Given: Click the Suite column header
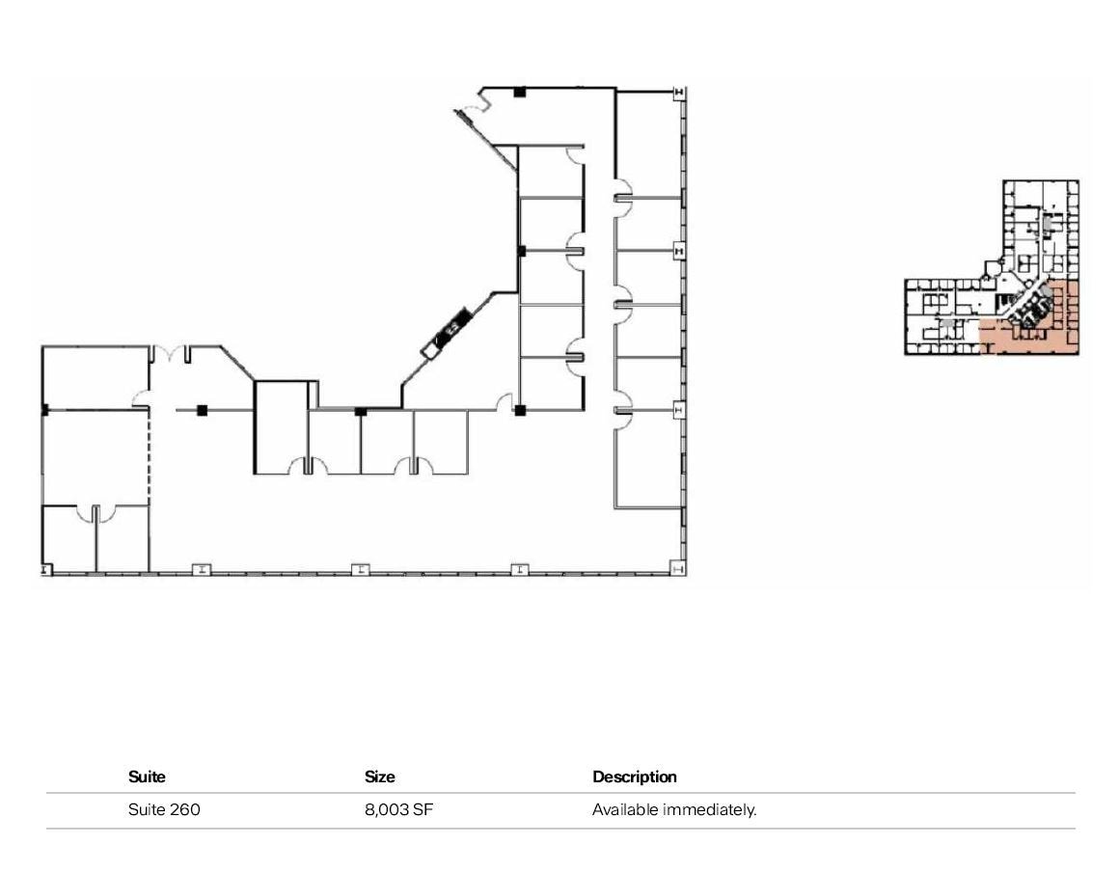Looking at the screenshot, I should point(147,777).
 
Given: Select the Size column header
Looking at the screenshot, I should point(379,777).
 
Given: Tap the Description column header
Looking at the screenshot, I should point(634,777).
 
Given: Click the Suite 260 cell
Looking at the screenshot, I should point(164,810).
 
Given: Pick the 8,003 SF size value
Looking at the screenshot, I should point(398,810).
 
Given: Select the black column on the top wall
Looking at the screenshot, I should point(519,92).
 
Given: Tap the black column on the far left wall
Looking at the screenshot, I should point(44,410).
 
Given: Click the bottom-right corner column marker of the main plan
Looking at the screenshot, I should point(678,569).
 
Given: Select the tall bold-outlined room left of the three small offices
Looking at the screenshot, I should point(280,426).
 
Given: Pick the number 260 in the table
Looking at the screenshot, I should point(183,810).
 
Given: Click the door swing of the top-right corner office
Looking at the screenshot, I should point(623,188).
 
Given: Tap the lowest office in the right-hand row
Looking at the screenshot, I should point(649,458).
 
